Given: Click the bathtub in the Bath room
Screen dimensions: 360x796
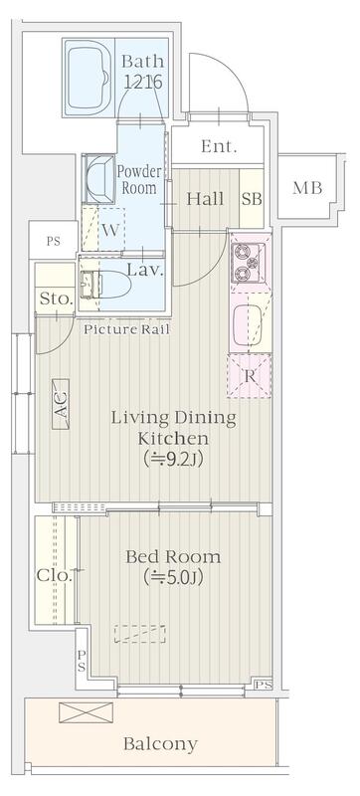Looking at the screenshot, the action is [x=89, y=78].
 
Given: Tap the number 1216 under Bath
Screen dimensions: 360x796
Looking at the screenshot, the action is [x=143, y=82].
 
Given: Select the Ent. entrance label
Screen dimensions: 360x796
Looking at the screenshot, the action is [x=219, y=146].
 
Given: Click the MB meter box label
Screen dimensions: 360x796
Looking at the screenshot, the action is [x=307, y=188].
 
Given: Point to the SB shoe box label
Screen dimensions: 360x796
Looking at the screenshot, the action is [x=252, y=199].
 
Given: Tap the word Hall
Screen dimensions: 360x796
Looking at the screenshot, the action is [x=205, y=198].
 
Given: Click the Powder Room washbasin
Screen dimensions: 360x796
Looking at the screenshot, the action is [x=99, y=179].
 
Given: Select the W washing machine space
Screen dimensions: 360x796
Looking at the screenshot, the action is [x=103, y=229].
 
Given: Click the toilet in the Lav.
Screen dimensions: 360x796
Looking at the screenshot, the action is [x=106, y=285].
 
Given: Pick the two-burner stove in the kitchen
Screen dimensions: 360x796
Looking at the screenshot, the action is [x=248, y=263].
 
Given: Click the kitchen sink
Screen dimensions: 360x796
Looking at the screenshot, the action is [x=250, y=326].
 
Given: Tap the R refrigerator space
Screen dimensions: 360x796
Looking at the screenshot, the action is [x=249, y=376].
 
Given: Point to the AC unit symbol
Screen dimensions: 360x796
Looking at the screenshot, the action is [x=61, y=405].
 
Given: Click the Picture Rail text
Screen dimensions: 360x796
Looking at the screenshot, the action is [x=126, y=329].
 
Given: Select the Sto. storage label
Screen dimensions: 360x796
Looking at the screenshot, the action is [x=57, y=298].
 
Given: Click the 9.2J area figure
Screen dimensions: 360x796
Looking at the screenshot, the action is [x=173, y=459].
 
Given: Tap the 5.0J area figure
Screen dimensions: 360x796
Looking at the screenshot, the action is [x=173, y=577].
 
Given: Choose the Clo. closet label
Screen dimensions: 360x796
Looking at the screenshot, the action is [x=55, y=576].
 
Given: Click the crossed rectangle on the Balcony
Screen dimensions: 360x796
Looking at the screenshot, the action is [x=87, y=712].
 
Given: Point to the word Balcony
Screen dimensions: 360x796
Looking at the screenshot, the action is [x=160, y=744].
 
